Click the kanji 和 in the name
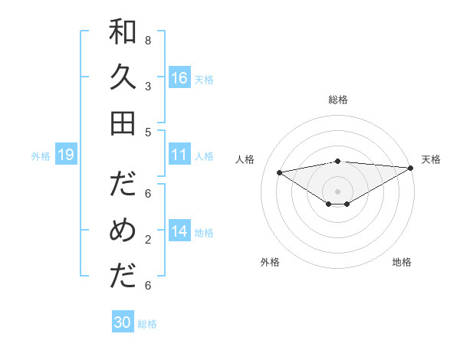point(123,31)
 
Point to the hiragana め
point(123,231)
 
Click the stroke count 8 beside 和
point(148,40)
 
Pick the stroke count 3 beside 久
point(148,87)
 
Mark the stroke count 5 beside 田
point(148,133)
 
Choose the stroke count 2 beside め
point(148,240)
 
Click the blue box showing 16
point(179,78)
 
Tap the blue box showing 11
point(179,155)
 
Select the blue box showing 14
point(179,231)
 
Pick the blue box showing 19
point(65,155)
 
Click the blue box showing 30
point(123,322)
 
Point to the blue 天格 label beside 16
point(204,80)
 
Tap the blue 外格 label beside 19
point(41,156)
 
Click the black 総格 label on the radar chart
point(338,100)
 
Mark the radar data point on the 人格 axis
point(280,172)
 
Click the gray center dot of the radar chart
point(338,191)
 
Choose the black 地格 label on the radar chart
point(402,262)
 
